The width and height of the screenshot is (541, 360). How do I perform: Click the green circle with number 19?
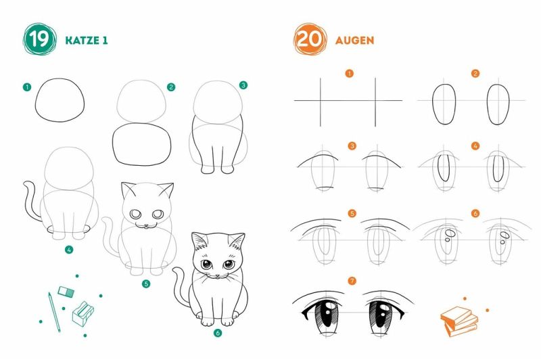[x=39, y=39]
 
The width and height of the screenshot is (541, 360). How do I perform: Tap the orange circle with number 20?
[x=310, y=39]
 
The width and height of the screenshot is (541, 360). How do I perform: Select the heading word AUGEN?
[x=354, y=41]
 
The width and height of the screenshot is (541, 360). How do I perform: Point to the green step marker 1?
[x=27, y=87]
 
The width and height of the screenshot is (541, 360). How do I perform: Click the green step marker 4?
[x=69, y=249]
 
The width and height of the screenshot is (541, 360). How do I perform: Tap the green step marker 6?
[x=217, y=333]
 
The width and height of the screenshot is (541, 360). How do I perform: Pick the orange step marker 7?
[x=352, y=281]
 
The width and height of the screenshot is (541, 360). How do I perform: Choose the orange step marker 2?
[x=475, y=74]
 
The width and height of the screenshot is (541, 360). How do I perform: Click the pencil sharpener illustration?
[x=83, y=313]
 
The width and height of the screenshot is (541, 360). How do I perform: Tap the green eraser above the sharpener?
[x=66, y=292]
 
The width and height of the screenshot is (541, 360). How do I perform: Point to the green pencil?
[x=54, y=312]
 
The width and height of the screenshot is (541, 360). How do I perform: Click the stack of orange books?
[x=459, y=321]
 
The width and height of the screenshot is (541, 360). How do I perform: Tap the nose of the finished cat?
[x=217, y=276]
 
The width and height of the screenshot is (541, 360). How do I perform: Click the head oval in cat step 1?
[x=60, y=100]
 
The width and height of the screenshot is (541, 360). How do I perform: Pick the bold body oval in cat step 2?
[x=142, y=144]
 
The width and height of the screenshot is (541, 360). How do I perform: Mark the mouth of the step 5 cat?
[x=147, y=226]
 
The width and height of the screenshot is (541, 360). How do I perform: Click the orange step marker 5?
[x=352, y=213]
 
